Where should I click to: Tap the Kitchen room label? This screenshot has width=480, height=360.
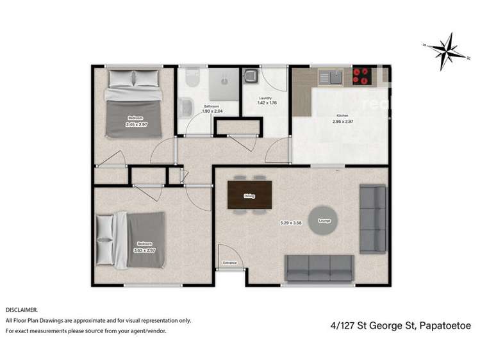click(342, 115)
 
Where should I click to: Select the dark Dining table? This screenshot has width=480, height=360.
click(250, 195)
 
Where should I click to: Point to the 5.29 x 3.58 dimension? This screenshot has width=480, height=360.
click(290, 223)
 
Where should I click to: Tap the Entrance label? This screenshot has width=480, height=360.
click(229, 263)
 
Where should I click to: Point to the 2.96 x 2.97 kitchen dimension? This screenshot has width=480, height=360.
click(342, 121)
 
